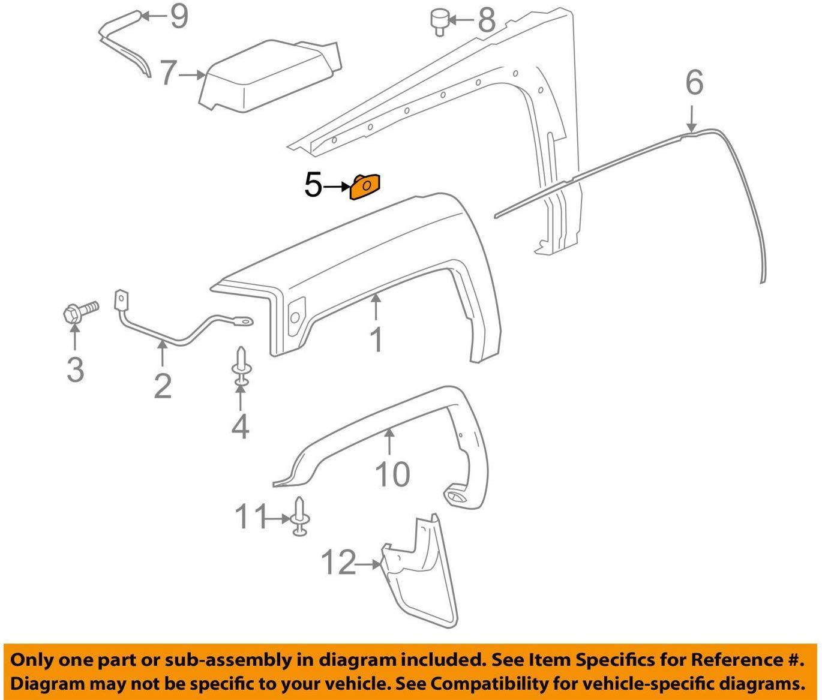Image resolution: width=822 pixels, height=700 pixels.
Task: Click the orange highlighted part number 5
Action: [x=365, y=186]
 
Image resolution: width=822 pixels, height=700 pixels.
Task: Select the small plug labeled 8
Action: [x=437, y=19]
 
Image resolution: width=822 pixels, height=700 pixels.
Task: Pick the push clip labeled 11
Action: [x=300, y=517]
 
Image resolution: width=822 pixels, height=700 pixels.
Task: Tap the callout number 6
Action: [x=694, y=82]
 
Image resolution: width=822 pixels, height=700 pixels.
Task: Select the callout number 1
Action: [x=376, y=340]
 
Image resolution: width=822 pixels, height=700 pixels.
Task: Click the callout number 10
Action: [x=392, y=474]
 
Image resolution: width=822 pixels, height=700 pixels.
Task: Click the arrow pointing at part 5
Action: [x=336, y=187]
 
